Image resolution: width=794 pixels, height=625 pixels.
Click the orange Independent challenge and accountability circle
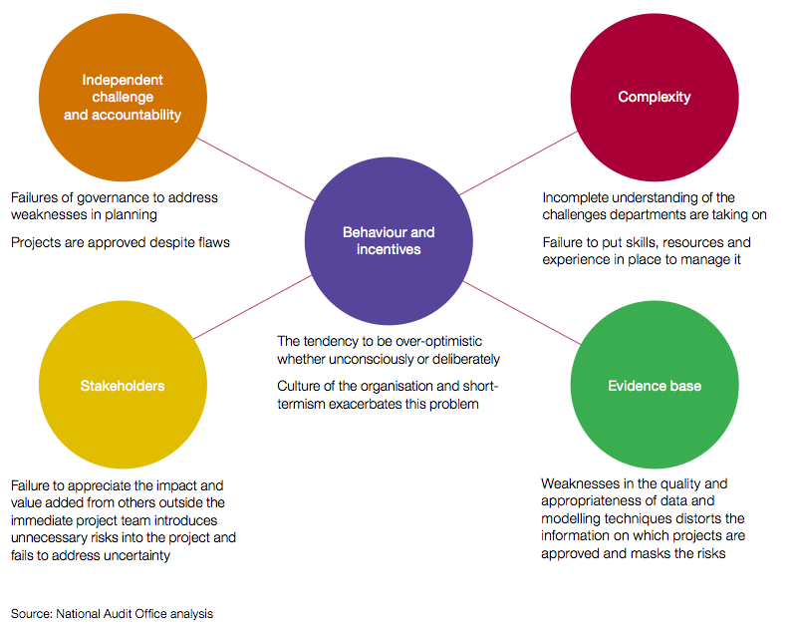[x=123, y=98]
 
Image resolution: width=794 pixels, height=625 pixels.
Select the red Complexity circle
[x=655, y=98]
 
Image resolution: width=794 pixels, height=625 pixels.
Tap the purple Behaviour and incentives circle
[x=389, y=240]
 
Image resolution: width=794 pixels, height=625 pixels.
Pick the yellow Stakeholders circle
[x=123, y=385]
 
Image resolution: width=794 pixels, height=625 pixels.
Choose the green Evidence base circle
[x=655, y=385]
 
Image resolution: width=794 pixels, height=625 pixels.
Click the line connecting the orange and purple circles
[x=256, y=169]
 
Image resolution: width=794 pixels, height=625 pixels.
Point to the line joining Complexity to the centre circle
[x=518, y=163]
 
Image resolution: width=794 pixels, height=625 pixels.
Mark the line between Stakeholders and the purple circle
[x=253, y=307]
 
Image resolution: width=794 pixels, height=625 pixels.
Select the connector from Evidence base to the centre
[x=522, y=313]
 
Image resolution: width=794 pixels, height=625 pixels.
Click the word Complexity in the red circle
[x=655, y=97]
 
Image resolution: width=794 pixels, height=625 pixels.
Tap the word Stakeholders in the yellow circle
[x=123, y=386]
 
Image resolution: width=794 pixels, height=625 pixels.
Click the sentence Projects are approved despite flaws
[x=120, y=242]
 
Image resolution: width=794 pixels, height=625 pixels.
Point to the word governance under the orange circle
[x=113, y=198]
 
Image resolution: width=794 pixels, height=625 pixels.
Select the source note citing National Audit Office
[x=112, y=614]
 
